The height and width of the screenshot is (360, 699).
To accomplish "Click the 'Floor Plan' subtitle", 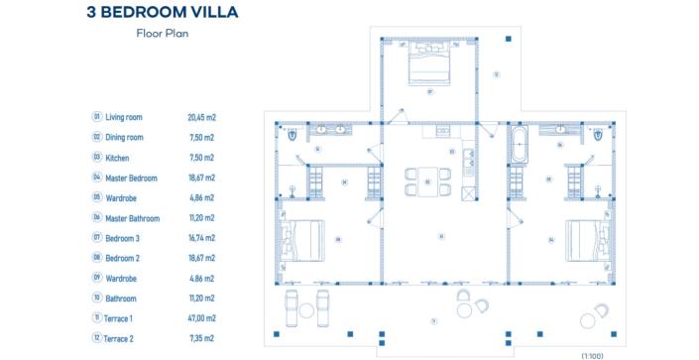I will (x=163, y=33).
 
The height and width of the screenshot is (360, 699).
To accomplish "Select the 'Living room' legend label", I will (x=124, y=117).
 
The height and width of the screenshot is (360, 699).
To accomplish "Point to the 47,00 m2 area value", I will (x=201, y=318).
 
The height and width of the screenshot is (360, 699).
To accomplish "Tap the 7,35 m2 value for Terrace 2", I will (x=201, y=339).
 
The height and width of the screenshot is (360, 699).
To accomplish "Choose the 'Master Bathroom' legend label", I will (x=132, y=217).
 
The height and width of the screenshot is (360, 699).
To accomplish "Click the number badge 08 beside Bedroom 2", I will (x=97, y=258).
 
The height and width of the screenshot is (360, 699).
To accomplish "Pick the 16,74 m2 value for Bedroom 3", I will (x=201, y=238).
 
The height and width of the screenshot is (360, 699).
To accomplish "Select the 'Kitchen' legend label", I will (x=117, y=158).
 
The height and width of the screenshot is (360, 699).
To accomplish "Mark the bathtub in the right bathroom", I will (x=522, y=145).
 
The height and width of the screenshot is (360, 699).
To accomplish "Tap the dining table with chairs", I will (x=427, y=181).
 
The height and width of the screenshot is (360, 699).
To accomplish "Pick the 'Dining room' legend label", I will (x=124, y=138).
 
